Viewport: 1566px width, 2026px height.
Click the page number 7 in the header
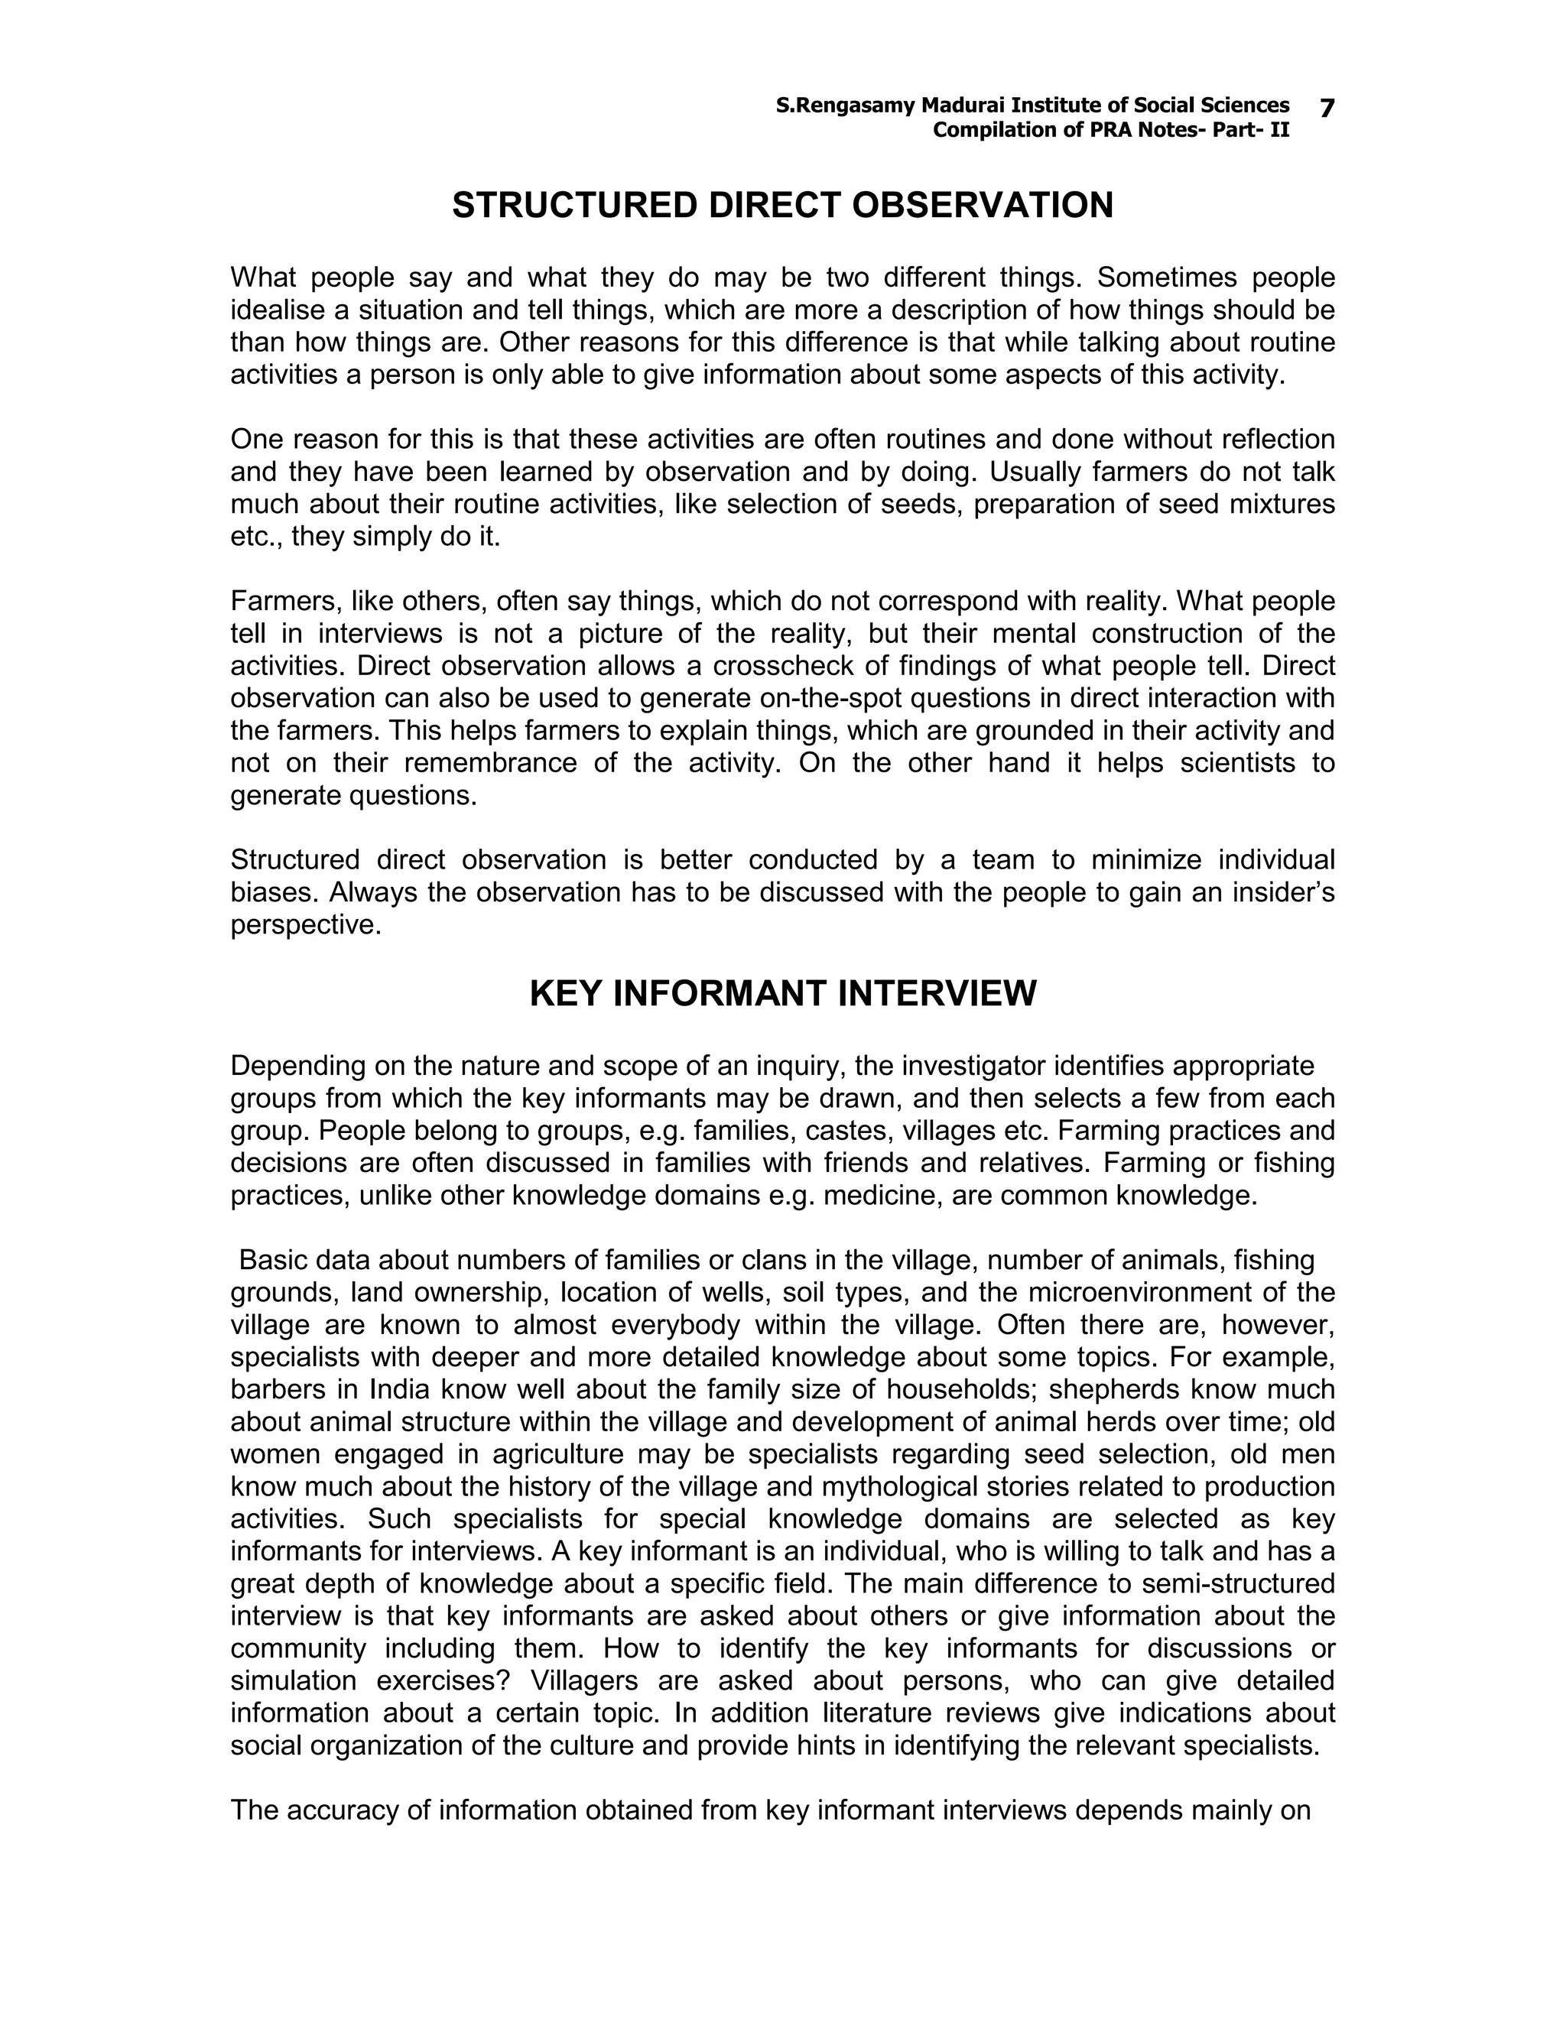tap(1327, 109)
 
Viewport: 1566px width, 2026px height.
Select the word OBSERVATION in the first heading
tap(982, 205)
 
